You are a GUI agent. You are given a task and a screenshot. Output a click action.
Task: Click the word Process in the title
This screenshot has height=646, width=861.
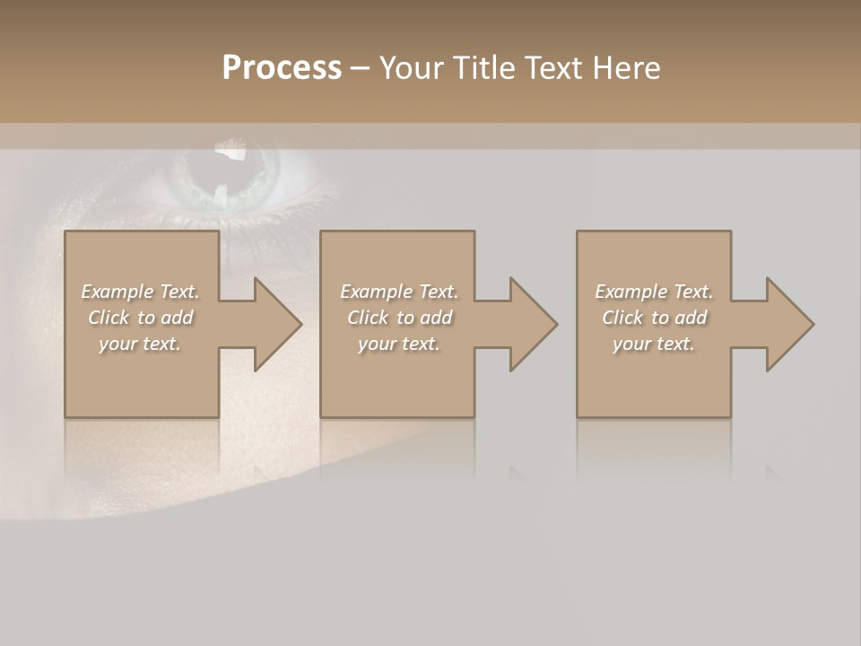pyautogui.click(x=282, y=67)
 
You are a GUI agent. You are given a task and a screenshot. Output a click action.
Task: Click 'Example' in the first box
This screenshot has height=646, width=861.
pyautogui.click(x=117, y=292)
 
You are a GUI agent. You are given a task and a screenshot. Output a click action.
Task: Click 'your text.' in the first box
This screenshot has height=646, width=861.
pyautogui.click(x=139, y=344)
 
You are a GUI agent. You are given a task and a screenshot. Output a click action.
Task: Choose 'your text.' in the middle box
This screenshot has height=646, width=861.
pyautogui.click(x=398, y=344)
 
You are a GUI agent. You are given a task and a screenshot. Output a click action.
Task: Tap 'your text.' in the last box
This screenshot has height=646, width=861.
pyautogui.click(x=653, y=344)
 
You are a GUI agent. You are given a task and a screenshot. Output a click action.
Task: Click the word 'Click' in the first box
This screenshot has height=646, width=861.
pyautogui.click(x=108, y=318)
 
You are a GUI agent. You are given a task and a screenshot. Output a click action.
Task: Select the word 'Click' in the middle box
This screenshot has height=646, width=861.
pyautogui.click(x=367, y=318)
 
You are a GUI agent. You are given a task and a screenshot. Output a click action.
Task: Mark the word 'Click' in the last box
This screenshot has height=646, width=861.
pyautogui.click(x=622, y=318)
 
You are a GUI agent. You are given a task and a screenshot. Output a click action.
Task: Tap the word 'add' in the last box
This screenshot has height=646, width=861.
pyautogui.click(x=691, y=318)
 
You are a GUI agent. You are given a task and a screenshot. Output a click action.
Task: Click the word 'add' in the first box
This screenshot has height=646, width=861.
pyautogui.click(x=177, y=318)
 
